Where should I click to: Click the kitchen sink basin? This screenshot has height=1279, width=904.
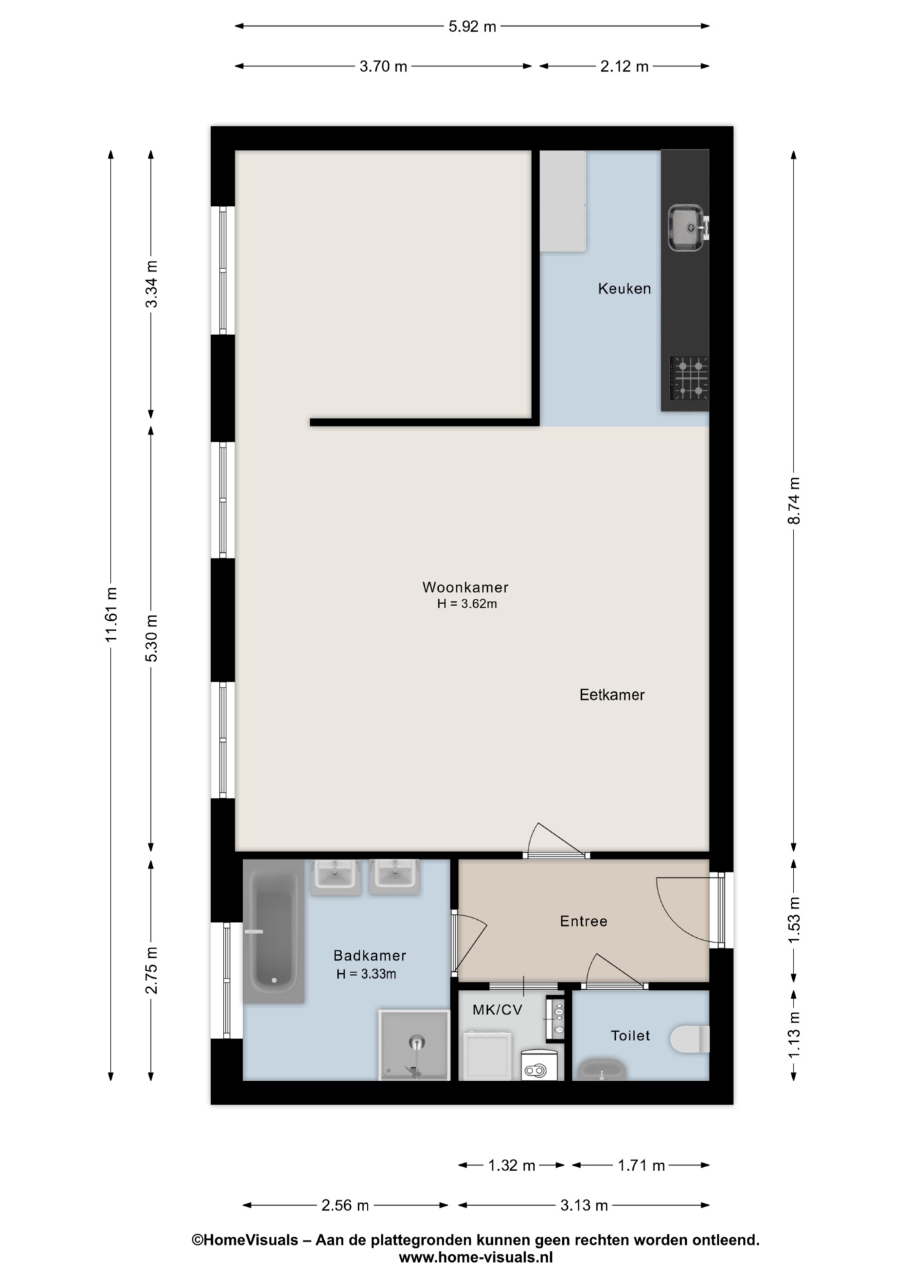coord(685,228)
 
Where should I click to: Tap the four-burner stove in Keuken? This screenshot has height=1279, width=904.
coord(689,378)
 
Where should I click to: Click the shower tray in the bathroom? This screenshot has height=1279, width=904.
coord(414,1045)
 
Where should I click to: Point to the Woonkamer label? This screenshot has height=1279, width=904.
coord(465,588)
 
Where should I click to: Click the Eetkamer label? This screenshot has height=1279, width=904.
coord(612,695)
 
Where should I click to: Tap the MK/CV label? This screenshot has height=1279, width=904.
coord(497,1010)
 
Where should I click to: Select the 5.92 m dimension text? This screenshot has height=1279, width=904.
coord(472,27)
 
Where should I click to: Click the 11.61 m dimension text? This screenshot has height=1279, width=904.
coord(111,614)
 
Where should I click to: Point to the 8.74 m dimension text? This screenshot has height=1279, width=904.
coord(793,501)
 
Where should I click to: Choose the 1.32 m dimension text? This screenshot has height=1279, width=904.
coord(511,1165)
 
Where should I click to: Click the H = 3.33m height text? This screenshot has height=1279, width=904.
coord(366,974)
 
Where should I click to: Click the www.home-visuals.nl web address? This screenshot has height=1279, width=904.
coord(475,1258)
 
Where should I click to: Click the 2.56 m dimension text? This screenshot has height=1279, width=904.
coord(345,1205)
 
